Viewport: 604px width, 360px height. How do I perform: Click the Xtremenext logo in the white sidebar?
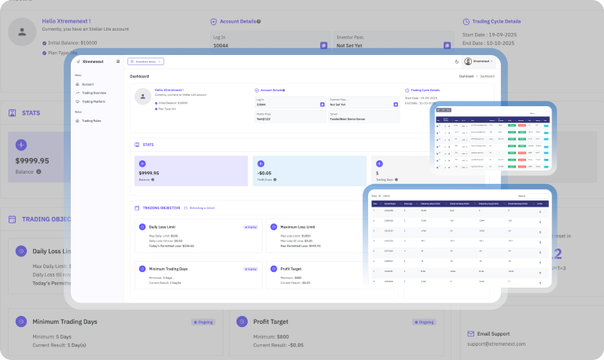[x=94, y=61]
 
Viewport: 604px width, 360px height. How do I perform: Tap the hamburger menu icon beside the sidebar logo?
[x=118, y=61]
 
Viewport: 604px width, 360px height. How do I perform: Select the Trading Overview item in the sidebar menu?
[x=94, y=93]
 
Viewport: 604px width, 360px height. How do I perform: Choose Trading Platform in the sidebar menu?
[x=94, y=101]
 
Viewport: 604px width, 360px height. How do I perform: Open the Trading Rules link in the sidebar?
[x=91, y=120]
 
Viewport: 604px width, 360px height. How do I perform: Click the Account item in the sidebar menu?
[x=87, y=84]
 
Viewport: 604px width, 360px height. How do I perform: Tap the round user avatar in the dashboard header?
[x=468, y=61]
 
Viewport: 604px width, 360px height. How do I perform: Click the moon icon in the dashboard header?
[x=457, y=61]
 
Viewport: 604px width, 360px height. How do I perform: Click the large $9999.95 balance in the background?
[x=32, y=161]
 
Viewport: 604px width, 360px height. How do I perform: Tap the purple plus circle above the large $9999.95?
[x=21, y=145]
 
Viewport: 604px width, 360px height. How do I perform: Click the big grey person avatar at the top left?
[x=22, y=33]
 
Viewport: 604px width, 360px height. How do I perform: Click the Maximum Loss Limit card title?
[x=298, y=226]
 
